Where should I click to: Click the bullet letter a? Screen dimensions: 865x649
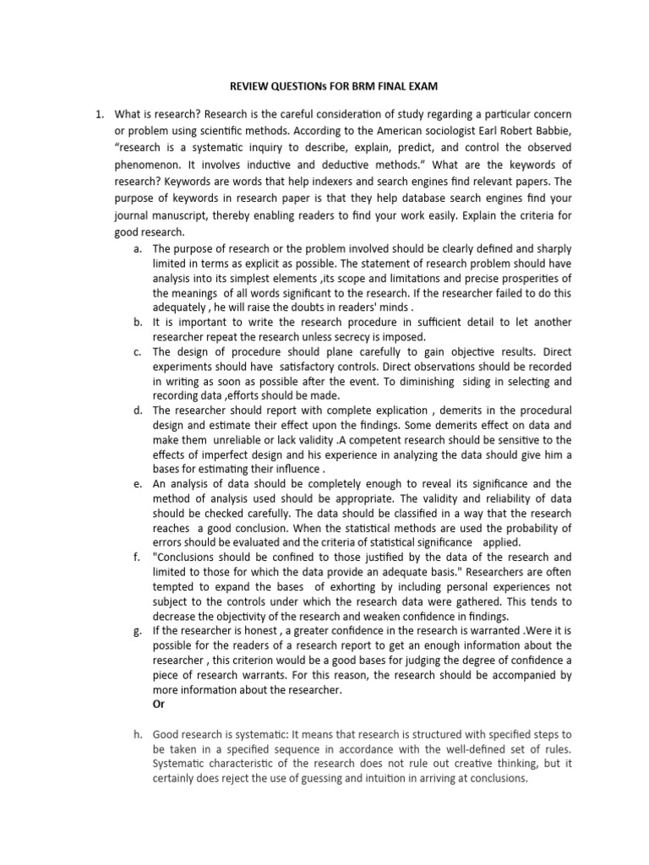[x=138, y=248]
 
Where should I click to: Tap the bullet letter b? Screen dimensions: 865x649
[x=138, y=322]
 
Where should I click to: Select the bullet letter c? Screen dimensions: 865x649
[x=138, y=351]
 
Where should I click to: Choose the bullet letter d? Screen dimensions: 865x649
[x=138, y=411]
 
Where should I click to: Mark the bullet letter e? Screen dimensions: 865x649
[x=138, y=484]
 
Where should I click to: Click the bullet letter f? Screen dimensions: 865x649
[x=138, y=557]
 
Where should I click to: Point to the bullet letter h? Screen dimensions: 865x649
[x=138, y=734]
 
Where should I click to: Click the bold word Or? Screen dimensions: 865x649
[x=159, y=705]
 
